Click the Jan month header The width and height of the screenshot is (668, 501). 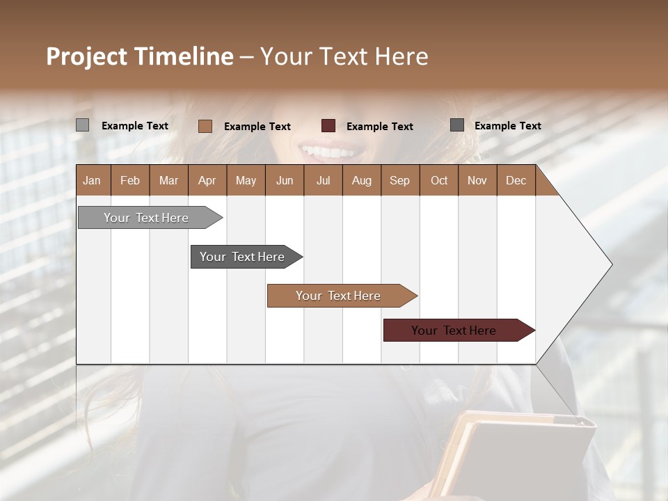point(92,180)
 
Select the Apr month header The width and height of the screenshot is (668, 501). point(207,180)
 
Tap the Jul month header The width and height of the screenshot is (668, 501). point(323,180)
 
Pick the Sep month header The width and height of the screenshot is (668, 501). point(399,180)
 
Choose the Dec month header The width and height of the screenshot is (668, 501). point(516,180)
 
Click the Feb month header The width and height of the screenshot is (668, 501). point(130,180)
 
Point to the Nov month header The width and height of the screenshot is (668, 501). point(477,180)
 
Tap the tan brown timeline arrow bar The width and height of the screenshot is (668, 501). point(339,296)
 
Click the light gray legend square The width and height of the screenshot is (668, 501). point(82,125)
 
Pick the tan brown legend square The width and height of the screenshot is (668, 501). point(205,126)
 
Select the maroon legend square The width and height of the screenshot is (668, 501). point(328,126)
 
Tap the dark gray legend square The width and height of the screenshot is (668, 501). point(456,125)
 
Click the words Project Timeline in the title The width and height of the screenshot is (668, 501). point(140,56)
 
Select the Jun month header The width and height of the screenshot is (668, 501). point(285,180)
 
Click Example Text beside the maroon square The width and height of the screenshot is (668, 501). point(379,127)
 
